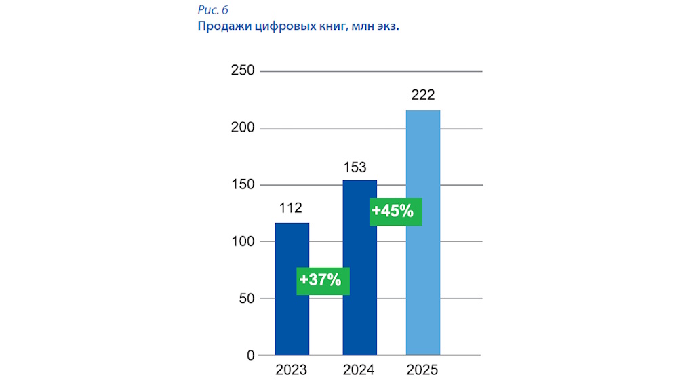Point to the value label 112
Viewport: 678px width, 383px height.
[291, 207]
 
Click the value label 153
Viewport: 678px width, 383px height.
[359, 167]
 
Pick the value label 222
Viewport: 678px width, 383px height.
[422, 95]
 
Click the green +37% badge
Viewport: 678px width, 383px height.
[323, 279]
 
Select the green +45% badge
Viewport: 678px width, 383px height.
[396, 211]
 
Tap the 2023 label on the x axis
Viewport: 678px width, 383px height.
[291, 370]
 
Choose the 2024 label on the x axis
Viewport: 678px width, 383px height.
[359, 370]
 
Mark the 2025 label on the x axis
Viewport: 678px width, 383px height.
[422, 370]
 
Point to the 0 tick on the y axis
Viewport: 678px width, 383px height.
[250, 355]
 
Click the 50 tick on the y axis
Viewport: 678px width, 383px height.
[245, 298]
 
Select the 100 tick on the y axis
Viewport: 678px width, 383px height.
[241, 241]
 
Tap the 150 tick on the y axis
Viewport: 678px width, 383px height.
[241, 185]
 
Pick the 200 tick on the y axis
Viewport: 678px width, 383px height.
[241, 128]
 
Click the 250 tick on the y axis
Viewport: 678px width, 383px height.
[241, 71]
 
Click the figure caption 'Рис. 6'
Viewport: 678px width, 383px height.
[213, 10]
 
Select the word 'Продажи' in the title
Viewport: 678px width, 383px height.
[222, 27]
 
